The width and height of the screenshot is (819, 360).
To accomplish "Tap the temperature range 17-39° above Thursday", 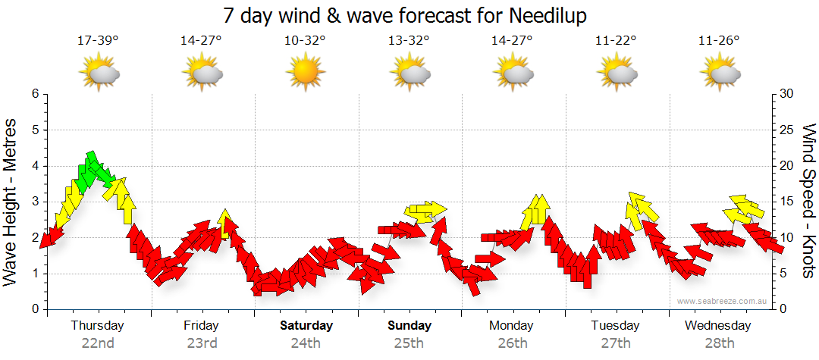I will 98,41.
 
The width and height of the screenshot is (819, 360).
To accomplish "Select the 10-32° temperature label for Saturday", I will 305,41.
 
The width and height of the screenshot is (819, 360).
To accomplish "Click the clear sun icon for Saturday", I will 305,74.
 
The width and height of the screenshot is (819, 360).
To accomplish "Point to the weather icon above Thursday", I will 99,74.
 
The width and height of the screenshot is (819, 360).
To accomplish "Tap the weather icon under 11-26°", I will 720,74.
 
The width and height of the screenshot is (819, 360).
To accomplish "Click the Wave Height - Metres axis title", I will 11,201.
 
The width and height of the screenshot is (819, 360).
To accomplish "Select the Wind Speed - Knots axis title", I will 808,201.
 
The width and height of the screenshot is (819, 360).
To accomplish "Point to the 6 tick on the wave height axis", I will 35,94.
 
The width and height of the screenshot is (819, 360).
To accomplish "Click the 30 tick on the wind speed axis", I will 787,94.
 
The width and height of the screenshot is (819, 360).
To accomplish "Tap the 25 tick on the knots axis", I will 787,130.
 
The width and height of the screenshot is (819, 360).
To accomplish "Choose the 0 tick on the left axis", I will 35,309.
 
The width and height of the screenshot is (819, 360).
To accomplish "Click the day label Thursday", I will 97,325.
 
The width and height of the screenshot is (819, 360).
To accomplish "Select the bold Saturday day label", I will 306,325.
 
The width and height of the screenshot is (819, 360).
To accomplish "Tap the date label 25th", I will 409,343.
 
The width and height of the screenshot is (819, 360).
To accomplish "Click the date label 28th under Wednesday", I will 720,343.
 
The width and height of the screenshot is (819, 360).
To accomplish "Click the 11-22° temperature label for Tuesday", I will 616,41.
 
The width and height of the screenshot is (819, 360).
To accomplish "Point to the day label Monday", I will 513,325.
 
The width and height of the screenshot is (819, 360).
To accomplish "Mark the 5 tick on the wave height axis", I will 35,130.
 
